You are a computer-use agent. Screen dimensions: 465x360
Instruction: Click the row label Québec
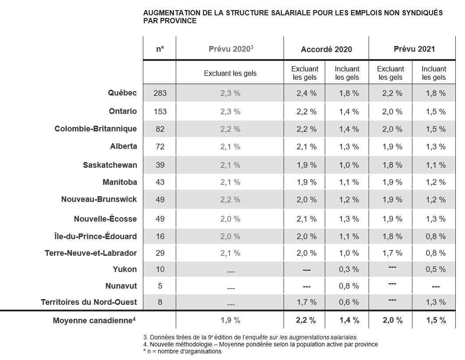(x=122, y=93)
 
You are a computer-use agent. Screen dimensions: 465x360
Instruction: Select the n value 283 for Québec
(x=160, y=93)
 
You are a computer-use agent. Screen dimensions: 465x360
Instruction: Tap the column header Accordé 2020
(x=326, y=49)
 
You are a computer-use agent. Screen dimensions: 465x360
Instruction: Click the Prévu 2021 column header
(x=414, y=49)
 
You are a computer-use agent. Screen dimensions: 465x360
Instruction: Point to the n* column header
(x=160, y=49)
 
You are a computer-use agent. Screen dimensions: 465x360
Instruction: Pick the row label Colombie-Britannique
(x=96, y=129)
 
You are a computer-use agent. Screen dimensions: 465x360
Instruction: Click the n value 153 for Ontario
(x=160, y=112)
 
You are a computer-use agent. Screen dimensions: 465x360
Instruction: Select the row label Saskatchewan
(x=110, y=165)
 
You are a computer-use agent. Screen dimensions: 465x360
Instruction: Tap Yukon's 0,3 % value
(x=349, y=269)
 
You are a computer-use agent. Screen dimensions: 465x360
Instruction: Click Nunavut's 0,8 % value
(x=349, y=286)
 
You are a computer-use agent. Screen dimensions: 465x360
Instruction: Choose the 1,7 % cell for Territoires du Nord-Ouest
(x=307, y=302)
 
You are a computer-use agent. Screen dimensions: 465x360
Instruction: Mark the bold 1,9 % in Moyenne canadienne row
(x=230, y=320)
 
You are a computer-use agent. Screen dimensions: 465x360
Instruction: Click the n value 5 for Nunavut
(x=160, y=286)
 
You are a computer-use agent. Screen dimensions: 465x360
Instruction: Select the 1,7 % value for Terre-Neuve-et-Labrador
(x=392, y=253)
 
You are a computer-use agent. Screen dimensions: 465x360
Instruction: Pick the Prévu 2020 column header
(x=231, y=49)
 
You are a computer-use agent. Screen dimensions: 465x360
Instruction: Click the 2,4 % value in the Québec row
(x=307, y=93)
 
